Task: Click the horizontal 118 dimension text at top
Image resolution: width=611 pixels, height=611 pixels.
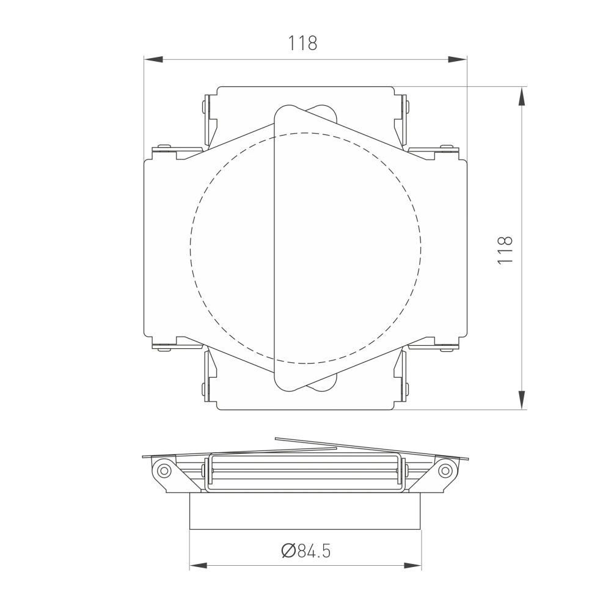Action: (x=303, y=43)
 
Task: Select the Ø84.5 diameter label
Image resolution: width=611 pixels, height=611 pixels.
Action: (x=306, y=551)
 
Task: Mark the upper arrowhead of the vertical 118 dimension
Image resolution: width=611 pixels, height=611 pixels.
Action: (x=522, y=96)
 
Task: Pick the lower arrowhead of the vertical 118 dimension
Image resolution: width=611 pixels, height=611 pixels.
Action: (x=522, y=400)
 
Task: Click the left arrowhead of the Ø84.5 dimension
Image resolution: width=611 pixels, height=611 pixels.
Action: (x=199, y=565)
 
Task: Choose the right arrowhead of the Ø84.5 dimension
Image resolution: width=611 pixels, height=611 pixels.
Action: (x=412, y=565)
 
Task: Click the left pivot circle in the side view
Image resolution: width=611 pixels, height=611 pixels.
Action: (x=163, y=470)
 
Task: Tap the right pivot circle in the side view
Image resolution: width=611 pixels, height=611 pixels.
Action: (x=446, y=470)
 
